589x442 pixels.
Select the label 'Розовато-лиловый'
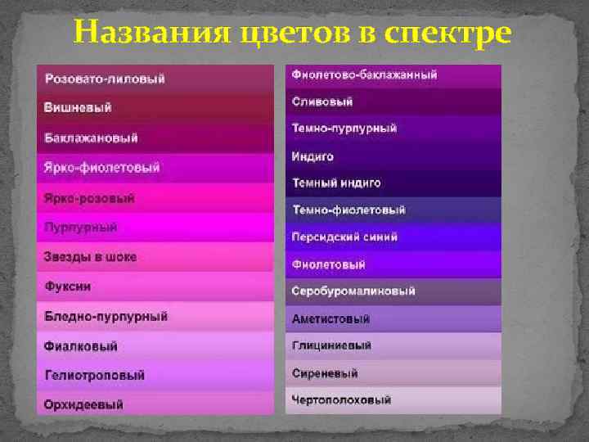105,79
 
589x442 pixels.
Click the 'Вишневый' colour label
78,108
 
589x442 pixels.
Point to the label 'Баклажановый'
91,138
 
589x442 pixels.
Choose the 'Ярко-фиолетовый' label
101,168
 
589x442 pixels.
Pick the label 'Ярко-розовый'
89,198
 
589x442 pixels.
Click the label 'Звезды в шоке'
90,257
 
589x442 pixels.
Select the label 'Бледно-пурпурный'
106,316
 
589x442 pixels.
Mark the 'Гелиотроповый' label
94,375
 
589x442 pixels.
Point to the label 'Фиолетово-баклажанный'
364,75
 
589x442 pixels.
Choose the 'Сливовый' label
322,102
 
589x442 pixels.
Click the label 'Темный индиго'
336,183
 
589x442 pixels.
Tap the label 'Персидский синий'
344,237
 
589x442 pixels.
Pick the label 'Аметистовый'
330,319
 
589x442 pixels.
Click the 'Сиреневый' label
325,373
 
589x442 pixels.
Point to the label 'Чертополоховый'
341,400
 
